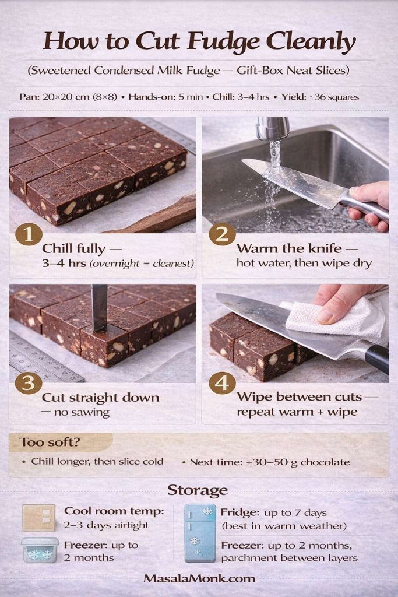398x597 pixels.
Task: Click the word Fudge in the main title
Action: (x=226, y=42)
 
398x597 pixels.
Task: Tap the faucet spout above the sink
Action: (x=273, y=128)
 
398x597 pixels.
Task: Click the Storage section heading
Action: (x=198, y=490)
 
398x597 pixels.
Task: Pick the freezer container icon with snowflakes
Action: (x=40, y=550)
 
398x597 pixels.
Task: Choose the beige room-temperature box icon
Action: (x=38, y=517)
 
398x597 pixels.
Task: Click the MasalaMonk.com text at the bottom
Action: (x=199, y=578)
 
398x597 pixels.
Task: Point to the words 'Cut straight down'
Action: (x=100, y=398)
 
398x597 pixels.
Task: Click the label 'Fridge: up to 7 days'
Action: (x=273, y=512)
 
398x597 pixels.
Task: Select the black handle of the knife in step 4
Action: (x=376, y=357)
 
